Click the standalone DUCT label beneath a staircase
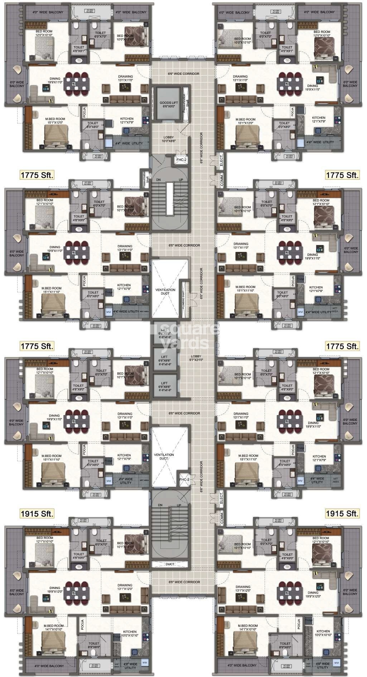click(170, 564)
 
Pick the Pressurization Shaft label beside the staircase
click(145, 179)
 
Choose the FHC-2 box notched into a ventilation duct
click(183, 479)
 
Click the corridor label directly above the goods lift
click(183, 74)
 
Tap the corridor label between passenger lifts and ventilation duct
click(184, 413)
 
